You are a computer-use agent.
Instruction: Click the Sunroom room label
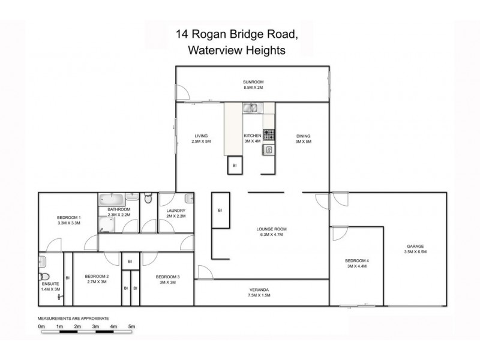coord(253,84)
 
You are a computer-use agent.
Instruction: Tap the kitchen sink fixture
coord(251,109)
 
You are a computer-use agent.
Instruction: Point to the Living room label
coord(200,138)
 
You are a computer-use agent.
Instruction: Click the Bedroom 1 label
coord(68,220)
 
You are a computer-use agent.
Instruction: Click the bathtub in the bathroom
coord(112,200)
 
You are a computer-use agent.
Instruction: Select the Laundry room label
coord(176,213)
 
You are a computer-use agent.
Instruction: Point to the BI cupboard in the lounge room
coord(220,211)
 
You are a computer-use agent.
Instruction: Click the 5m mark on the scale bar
coord(132,326)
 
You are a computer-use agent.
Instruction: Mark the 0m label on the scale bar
coord(41,326)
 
